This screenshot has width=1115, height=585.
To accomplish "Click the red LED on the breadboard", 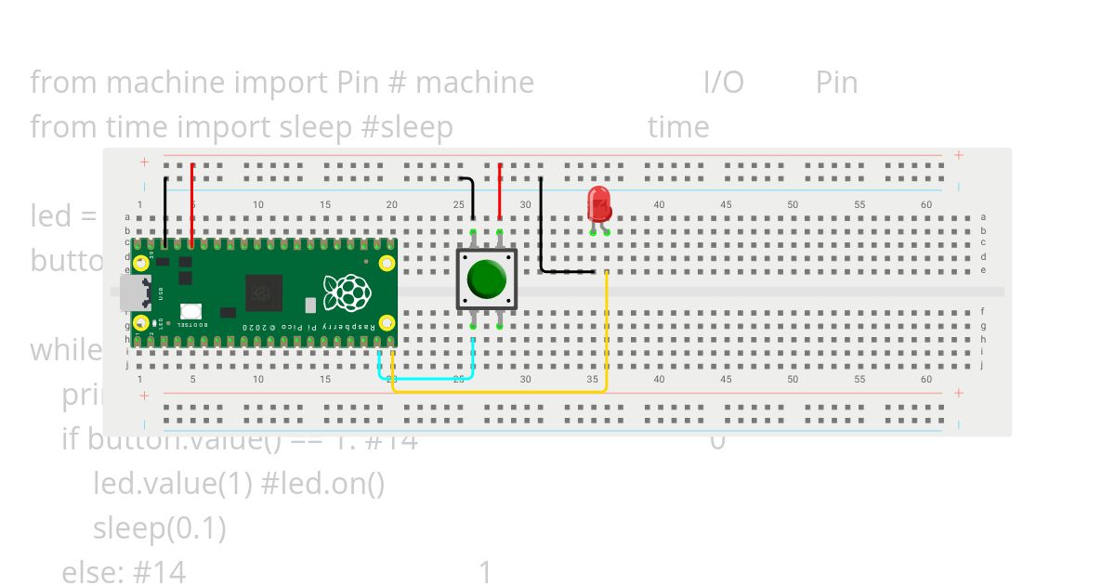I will [599, 202].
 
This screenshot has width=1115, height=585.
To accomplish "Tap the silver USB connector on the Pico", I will [134, 292].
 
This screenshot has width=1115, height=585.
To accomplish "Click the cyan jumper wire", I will [427, 378].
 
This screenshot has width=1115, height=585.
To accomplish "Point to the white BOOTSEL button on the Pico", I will [190, 312].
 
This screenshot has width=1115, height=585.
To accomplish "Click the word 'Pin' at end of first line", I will [836, 83].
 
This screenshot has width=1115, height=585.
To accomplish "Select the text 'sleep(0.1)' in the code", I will [160, 528].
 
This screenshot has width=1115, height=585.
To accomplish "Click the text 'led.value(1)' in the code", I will [171, 484].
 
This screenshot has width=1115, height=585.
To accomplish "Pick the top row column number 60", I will [926, 204].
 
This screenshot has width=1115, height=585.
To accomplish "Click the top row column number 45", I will [726, 204].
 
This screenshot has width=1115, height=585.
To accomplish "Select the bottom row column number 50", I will [793, 379].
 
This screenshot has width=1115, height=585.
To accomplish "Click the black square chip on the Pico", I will [264, 293].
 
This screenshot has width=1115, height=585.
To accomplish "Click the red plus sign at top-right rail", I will [958, 155].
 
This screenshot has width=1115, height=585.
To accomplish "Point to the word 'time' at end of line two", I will [678, 127].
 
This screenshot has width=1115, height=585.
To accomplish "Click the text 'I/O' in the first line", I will [724, 83].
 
